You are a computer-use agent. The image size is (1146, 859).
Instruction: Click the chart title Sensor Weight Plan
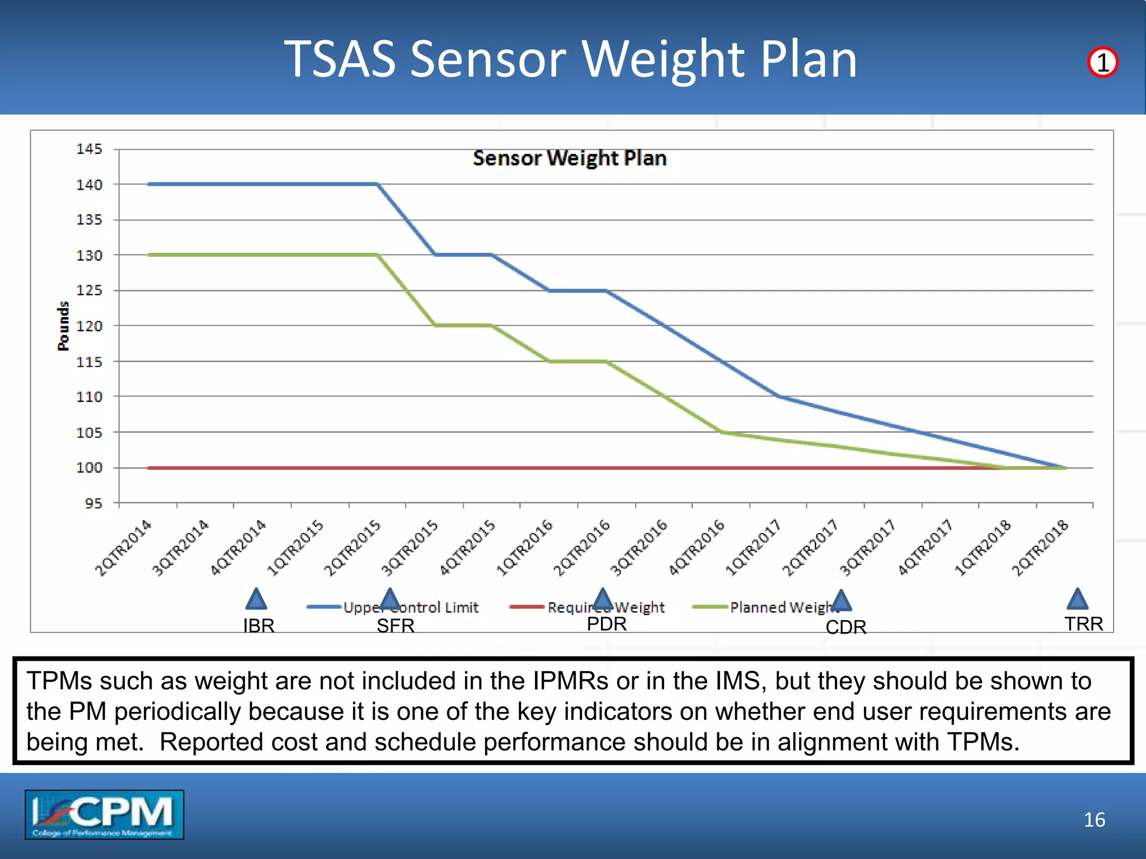(570, 158)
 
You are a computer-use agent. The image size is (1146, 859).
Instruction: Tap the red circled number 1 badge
(1102, 62)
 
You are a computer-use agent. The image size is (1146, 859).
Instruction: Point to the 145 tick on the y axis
(90, 149)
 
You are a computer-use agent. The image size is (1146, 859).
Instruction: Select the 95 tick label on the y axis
(93, 503)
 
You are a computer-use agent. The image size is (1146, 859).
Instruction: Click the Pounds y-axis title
(63, 326)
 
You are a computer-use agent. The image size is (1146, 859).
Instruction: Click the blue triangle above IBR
(256, 600)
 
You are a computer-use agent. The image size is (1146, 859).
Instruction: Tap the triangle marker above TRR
(1077, 600)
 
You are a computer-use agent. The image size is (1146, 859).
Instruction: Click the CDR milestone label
(846, 627)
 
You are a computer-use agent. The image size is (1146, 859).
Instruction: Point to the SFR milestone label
(395, 626)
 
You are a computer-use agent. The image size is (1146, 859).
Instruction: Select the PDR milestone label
(607, 624)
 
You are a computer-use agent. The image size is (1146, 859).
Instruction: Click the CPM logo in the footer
(104, 814)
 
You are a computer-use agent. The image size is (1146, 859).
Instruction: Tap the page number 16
(1094, 820)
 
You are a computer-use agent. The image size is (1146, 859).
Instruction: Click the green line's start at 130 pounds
(149, 255)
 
